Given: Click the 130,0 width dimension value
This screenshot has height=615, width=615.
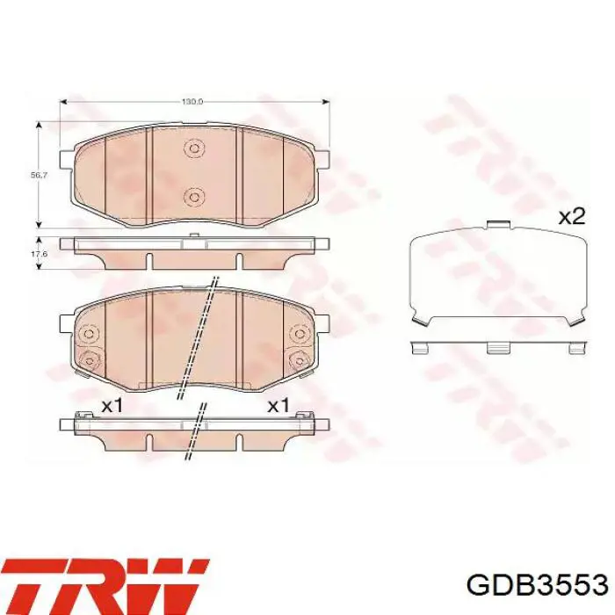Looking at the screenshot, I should (x=192, y=102).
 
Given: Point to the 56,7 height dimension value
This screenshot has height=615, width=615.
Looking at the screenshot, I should (x=39, y=176).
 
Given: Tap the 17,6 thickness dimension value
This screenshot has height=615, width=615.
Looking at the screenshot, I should (x=39, y=254).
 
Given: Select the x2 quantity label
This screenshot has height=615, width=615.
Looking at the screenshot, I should (x=571, y=216).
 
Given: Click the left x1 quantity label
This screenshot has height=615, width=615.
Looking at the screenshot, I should (x=112, y=405).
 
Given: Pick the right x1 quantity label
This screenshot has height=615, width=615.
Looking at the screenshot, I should (x=278, y=405).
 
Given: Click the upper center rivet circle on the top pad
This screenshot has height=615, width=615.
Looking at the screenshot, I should (x=193, y=148).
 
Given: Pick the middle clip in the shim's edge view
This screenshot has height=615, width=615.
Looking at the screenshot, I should (x=498, y=347).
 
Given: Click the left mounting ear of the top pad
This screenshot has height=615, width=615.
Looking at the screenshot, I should (x=63, y=161).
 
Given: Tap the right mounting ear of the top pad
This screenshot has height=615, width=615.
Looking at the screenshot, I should (x=323, y=161).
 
